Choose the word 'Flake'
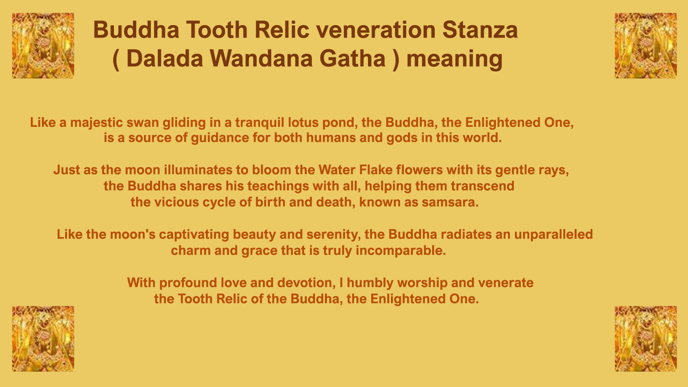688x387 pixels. click(376, 170)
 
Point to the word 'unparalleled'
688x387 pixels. click(553, 235)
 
